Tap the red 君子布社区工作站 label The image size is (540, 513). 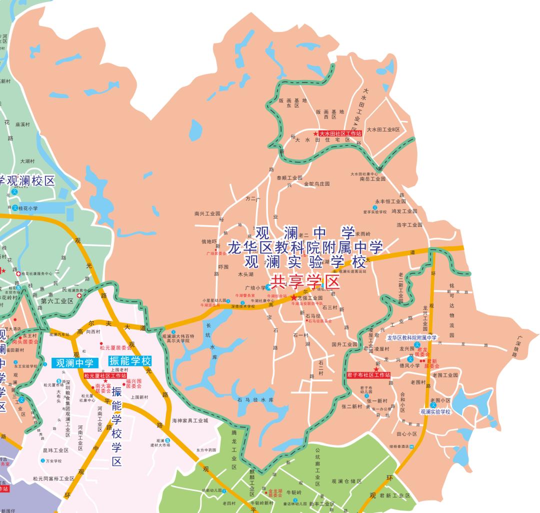(368, 375)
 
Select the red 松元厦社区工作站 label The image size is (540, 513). (105, 375)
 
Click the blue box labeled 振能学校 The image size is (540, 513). (130, 361)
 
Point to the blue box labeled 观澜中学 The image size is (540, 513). (74, 363)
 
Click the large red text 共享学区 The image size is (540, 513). (304, 282)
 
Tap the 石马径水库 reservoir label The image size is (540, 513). (256, 400)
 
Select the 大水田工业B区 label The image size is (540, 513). (383, 130)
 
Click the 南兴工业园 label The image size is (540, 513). (207, 214)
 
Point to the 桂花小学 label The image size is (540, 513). (28, 208)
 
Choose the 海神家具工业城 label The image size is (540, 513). (189, 421)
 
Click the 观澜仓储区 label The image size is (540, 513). (346, 481)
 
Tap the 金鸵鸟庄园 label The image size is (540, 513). (317, 184)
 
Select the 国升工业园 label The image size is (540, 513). (344, 344)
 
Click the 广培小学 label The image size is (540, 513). (255, 288)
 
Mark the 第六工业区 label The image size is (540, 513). (57, 301)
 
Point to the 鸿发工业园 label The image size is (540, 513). (404, 211)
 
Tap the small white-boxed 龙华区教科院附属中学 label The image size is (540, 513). (412, 338)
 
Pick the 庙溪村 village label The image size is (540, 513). (23, 124)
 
